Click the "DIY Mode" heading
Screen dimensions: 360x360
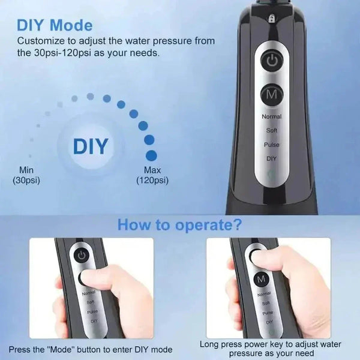55,25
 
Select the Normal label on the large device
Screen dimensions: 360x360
272,116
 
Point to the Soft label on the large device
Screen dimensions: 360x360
272,130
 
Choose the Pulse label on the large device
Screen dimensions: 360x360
272,145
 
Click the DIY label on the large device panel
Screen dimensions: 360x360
271,158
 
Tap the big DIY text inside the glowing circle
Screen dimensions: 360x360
91,146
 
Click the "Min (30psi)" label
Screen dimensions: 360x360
26,175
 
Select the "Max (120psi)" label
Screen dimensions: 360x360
152,175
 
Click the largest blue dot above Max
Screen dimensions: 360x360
151,155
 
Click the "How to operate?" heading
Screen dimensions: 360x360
179,224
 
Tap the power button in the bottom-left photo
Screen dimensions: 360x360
82,256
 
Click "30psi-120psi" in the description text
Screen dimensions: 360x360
62,53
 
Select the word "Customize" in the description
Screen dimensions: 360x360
41,41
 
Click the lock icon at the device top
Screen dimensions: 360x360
271,17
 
